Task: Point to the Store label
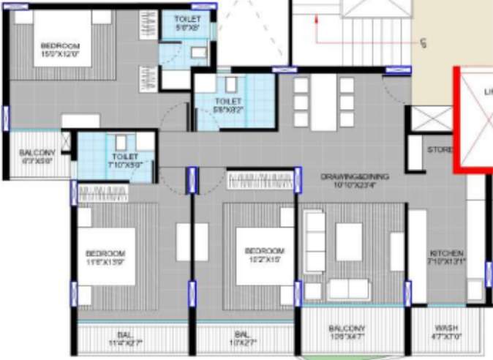439,150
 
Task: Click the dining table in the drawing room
322,102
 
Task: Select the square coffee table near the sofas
349,241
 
